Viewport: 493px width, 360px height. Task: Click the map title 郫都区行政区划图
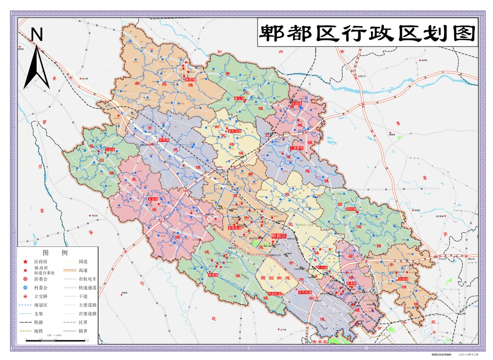click(367, 34)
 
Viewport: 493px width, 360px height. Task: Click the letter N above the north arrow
click(37, 34)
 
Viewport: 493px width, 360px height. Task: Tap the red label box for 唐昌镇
click(190, 79)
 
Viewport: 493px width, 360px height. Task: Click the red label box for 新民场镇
click(234, 131)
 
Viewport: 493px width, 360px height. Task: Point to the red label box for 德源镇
click(213, 274)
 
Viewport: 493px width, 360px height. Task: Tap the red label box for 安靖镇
click(403, 279)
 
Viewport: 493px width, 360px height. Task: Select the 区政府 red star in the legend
click(24, 261)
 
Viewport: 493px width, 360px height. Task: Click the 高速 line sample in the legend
click(69, 270)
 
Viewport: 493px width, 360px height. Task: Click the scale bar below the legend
click(55, 340)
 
